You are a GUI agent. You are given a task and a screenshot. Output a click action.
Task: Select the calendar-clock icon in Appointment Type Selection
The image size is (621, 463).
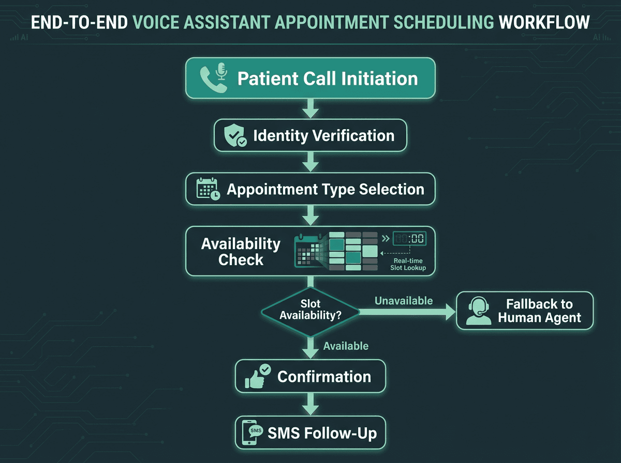(x=208, y=189)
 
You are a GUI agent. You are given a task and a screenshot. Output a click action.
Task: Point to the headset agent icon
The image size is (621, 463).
(x=479, y=311)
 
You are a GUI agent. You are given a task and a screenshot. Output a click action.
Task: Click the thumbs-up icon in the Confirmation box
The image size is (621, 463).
(x=257, y=377)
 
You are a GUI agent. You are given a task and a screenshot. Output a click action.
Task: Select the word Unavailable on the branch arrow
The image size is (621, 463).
(x=404, y=301)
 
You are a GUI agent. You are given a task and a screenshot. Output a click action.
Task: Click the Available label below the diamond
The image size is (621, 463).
(x=346, y=346)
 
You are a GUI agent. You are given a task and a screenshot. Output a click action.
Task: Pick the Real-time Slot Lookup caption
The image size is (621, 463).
(x=408, y=264)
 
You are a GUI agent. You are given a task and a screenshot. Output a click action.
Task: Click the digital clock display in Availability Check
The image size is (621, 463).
(x=409, y=238)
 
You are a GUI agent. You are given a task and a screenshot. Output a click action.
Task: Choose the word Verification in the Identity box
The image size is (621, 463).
(x=354, y=136)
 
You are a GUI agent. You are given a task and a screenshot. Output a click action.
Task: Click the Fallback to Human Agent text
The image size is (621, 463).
(x=539, y=311)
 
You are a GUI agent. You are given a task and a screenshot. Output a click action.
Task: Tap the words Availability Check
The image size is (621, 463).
(x=241, y=252)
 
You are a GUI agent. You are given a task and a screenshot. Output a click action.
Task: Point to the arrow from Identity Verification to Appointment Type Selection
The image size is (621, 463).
(x=310, y=162)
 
